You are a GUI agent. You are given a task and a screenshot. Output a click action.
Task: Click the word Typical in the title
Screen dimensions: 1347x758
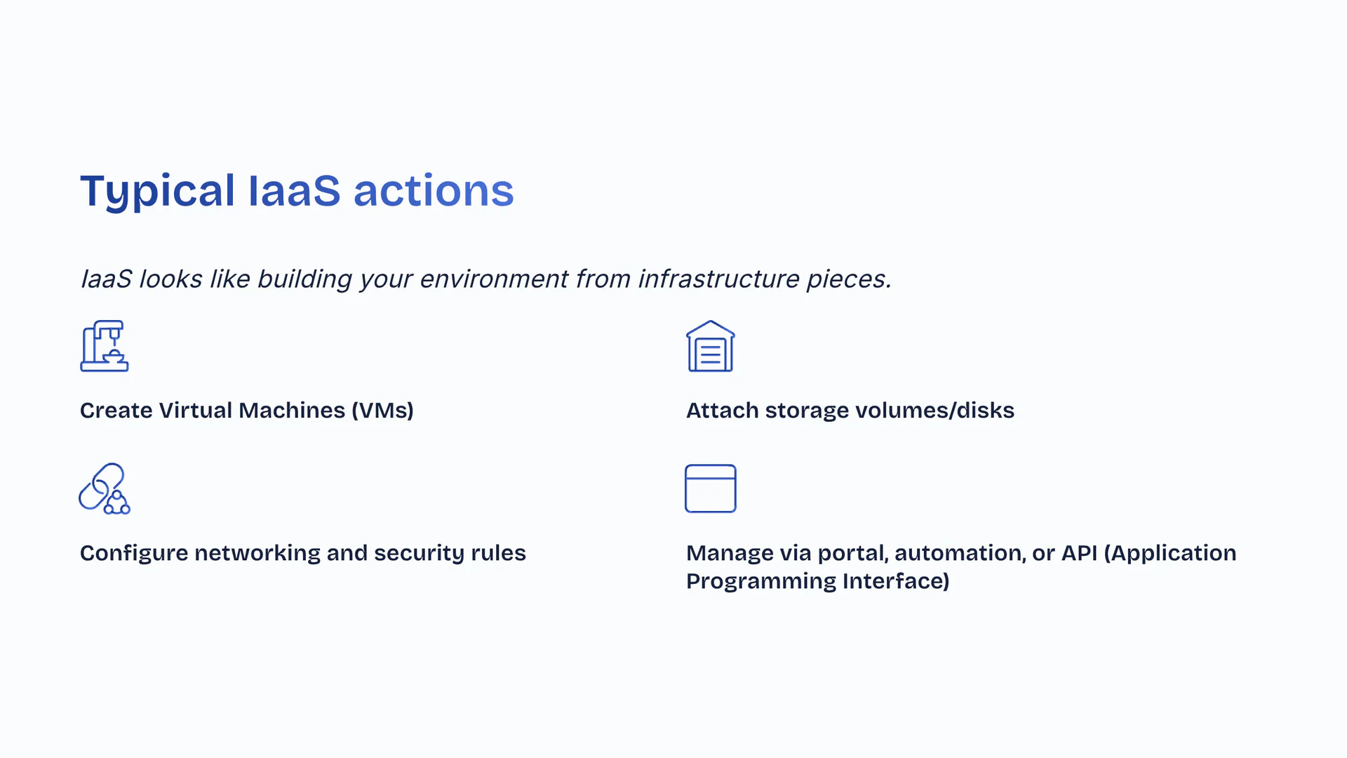[x=157, y=191]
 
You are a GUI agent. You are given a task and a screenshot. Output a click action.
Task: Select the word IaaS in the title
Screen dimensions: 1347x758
[x=294, y=191]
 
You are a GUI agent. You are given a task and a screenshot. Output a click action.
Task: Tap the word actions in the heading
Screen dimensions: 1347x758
[x=434, y=191]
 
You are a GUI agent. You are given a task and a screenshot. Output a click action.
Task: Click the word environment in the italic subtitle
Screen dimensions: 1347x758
[x=493, y=279]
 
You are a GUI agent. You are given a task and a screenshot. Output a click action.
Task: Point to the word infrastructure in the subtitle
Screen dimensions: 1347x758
[x=718, y=279]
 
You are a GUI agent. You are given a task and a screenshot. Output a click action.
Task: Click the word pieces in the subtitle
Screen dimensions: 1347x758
[x=849, y=279]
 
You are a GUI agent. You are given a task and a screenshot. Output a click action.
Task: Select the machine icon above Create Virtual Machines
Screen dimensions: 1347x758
[x=105, y=346]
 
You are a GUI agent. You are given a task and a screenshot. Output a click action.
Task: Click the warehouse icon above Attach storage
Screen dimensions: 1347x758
[x=711, y=346]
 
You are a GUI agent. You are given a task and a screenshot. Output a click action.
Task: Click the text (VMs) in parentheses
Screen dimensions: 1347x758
[x=382, y=411]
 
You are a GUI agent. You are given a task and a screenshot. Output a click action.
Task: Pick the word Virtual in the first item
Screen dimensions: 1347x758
[x=196, y=411]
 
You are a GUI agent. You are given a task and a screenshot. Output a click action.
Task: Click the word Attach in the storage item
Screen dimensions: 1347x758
[x=723, y=411]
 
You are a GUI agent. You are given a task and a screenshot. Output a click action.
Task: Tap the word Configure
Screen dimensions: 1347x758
[x=134, y=553]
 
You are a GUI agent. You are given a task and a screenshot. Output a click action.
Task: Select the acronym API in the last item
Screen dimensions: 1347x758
[x=1079, y=553]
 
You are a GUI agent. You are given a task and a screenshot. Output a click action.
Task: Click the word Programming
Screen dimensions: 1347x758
[x=761, y=582]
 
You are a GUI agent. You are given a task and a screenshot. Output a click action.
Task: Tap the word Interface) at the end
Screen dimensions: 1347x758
[x=896, y=581]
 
